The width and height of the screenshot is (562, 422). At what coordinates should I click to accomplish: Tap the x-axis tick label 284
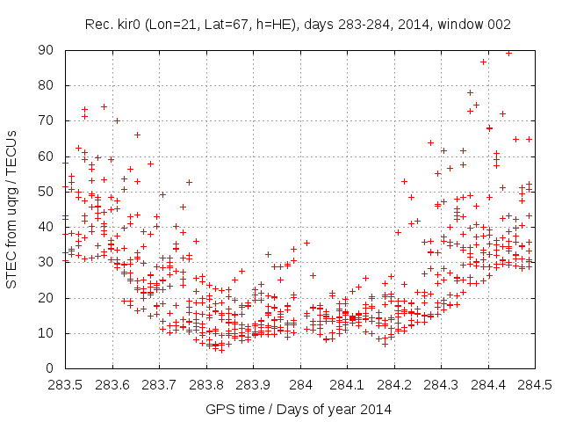pyautogui.click(x=300, y=384)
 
